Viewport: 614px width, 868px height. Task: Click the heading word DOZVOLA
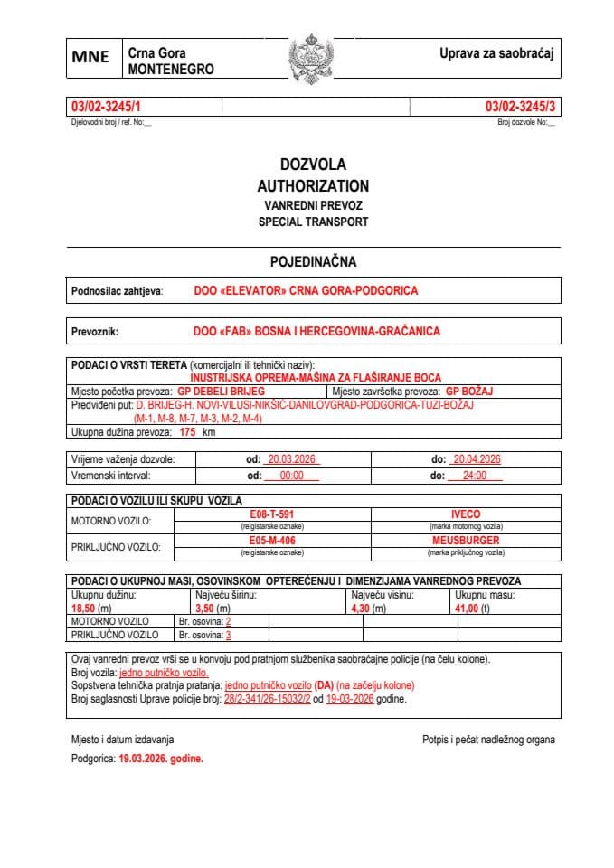click(x=313, y=165)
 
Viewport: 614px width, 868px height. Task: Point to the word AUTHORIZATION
click(x=313, y=185)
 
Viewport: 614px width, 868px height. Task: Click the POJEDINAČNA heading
click(x=313, y=262)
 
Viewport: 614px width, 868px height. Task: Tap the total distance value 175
click(x=188, y=433)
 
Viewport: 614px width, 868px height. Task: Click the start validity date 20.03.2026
click(x=291, y=459)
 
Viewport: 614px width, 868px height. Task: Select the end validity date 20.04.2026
click(x=477, y=459)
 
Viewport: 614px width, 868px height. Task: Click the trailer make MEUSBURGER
click(x=466, y=540)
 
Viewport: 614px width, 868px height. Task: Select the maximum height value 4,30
click(x=361, y=609)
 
